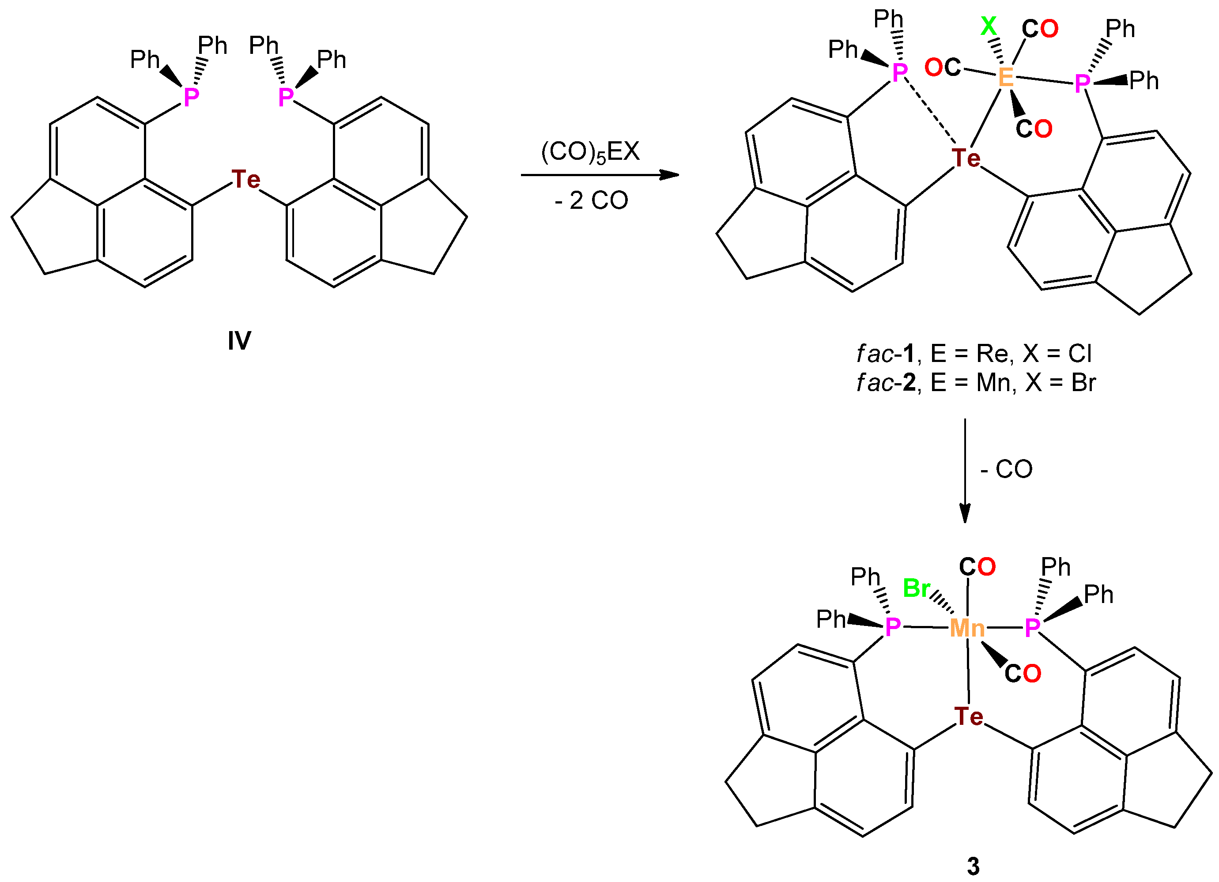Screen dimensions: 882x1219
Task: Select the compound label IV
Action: (239, 340)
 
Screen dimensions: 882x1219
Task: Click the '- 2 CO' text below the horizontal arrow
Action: (591, 200)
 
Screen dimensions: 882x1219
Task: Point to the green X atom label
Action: (989, 26)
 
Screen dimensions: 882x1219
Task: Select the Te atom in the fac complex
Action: (966, 158)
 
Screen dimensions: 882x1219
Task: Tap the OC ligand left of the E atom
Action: (943, 68)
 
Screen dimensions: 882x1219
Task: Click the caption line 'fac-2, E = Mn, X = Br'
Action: (976, 383)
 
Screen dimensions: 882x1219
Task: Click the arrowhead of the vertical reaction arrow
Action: (965, 514)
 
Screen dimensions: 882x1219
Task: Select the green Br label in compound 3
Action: (917, 588)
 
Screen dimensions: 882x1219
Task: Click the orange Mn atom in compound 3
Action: (967, 628)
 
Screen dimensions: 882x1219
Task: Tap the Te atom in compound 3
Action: (969, 716)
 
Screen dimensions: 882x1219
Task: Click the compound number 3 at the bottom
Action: (973, 866)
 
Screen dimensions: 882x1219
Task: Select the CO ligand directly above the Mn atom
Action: (977, 567)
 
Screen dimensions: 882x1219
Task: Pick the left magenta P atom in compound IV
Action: (191, 97)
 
